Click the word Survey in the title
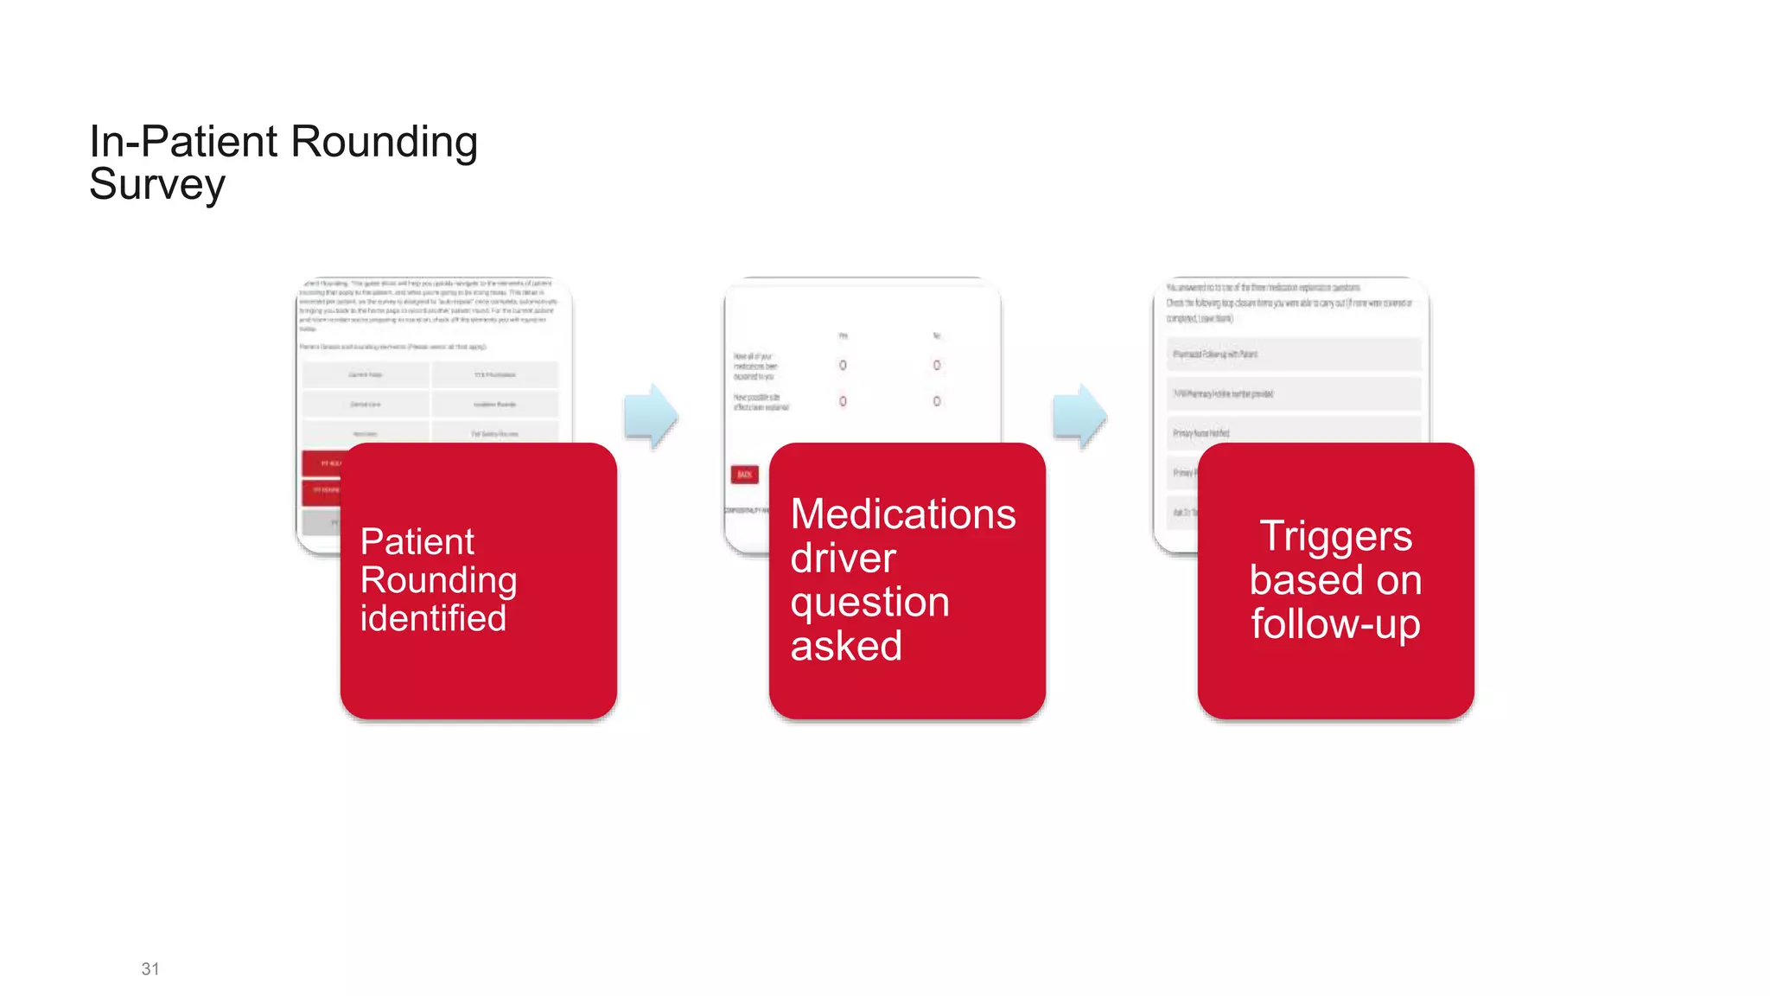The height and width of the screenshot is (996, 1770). tap(157, 185)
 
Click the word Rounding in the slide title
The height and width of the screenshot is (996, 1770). tap(384, 142)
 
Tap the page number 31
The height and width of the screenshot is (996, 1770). tap(150, 969)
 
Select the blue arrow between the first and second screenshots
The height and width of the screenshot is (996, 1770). tap(651, 416)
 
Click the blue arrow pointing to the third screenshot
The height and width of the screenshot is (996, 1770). tap(1079, 416)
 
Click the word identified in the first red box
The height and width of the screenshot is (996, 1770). tap(433, 619)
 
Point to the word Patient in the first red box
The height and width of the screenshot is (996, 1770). tap(417, 542)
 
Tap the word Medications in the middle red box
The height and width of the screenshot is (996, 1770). tap(903, 514)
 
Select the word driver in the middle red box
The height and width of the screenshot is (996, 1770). tap(843, 559)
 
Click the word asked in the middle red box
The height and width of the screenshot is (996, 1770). tap(846, 646)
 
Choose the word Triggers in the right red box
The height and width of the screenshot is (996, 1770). tap(1335, 536)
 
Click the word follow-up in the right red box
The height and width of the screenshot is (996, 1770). tap(1335, 624)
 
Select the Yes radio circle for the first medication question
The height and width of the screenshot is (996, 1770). tap(843, 366)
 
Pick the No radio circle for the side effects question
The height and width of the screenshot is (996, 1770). tap(937, 401)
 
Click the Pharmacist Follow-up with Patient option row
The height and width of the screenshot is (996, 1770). tap(1293, 354)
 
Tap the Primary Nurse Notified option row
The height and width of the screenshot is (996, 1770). tap(1293, 433)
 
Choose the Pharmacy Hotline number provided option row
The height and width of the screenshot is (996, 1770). tap(1293, 394)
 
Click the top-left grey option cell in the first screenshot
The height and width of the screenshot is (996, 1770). tap(366, 375)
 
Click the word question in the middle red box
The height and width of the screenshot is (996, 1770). tap(869, 603)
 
